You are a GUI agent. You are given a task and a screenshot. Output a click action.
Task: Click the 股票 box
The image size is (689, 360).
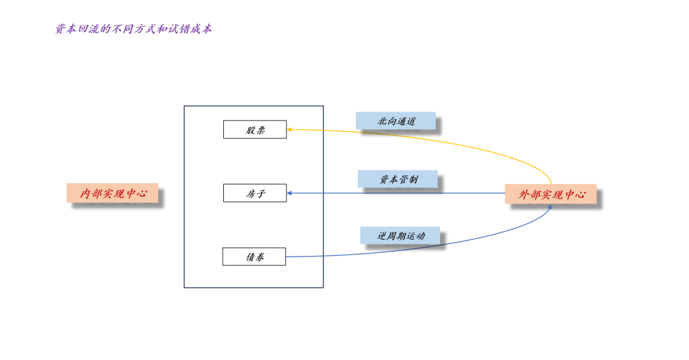click(x=255, y=130)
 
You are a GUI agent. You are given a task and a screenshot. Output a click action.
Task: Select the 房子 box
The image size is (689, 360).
click(x=255, y=193)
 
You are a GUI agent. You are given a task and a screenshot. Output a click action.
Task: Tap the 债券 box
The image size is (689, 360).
click(x=254, y=257)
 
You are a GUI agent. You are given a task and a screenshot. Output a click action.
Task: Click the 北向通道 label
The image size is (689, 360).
click(x=396, y=121)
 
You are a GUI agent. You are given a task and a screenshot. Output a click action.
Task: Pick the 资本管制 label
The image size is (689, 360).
click(x=397, y=179)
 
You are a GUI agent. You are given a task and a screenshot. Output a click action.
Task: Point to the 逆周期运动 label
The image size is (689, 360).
click(x=400, y=235)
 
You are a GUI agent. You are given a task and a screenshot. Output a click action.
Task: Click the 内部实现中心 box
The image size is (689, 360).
click(x=112, y=193)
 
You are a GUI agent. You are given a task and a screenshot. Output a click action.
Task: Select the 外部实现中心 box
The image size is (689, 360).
click(x=551, y=194)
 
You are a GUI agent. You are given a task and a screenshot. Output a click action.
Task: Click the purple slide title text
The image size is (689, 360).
click(x=133, y=29)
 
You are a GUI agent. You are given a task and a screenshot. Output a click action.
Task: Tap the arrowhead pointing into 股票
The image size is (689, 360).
click(x=290, y=130)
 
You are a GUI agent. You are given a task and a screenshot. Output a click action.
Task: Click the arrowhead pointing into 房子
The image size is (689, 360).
click(x=290, y=193)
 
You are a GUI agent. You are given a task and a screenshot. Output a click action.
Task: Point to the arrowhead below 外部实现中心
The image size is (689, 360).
click(x=549, y=207)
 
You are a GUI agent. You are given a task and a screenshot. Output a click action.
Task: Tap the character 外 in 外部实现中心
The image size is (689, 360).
click(x=524, y=194)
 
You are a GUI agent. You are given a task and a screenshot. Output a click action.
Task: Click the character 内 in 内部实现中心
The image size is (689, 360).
click(x=85, y=193)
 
